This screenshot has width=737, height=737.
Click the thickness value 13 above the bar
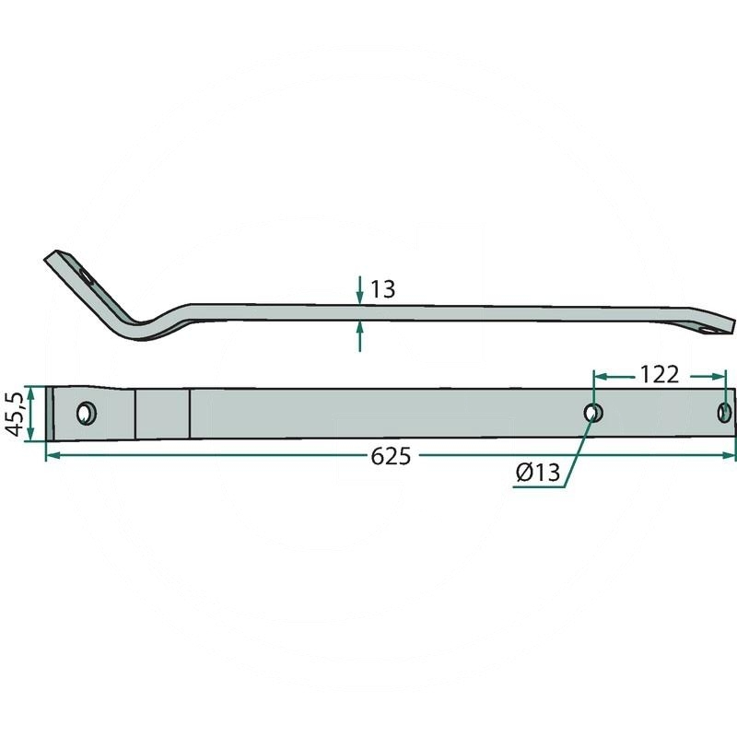click(x=382, y=289)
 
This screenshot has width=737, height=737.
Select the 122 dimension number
click(x=660, y=375)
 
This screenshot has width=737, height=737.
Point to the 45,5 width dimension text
click(x=13, y=414)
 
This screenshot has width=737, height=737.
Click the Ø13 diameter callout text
click(x=539, y=473)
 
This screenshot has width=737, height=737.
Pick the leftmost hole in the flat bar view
click(x=88, y=413)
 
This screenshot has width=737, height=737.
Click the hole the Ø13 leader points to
click(x=593, y=413)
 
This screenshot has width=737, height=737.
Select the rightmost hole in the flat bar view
click(x=724, y=411)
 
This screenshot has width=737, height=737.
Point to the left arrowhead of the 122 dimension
click(x=598, y=375)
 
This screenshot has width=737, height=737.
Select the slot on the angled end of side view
click(x=86, y=275)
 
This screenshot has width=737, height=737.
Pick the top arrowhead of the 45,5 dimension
click(x=31, y=391)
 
